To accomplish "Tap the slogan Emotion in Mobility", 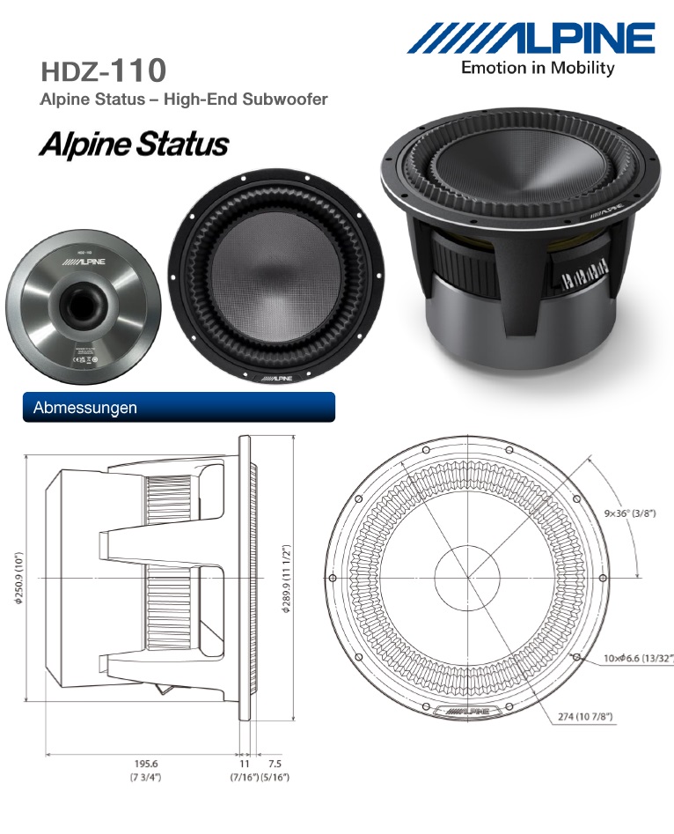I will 538,69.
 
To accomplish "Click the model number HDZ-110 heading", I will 103,70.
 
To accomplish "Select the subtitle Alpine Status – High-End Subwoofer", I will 184,99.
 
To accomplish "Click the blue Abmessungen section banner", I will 179,408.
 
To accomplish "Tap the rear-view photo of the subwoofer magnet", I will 84,313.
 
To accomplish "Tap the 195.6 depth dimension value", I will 145,764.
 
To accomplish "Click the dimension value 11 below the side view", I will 244,764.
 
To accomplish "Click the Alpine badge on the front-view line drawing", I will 467,709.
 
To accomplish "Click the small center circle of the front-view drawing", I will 467,578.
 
